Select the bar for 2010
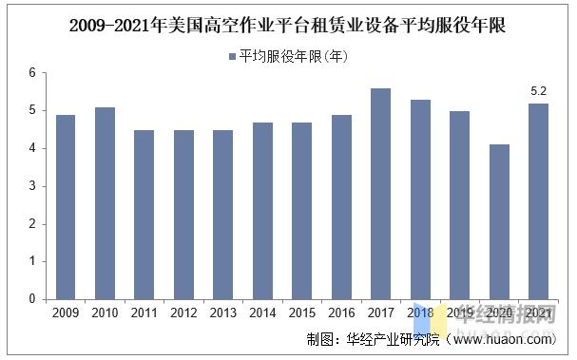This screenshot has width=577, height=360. (105, 203)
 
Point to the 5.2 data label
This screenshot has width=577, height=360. (537, 92)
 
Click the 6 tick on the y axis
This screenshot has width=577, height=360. (32, 73)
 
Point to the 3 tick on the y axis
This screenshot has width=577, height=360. (32, 186)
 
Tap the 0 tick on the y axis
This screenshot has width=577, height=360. (32, 299)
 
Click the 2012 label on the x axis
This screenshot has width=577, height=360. (183, 313)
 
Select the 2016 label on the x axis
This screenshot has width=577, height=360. (341, 313)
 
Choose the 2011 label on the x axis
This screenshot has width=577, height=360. (144, 313)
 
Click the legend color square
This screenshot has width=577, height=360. (232, 57)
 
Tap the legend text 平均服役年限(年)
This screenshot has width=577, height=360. (294, 57)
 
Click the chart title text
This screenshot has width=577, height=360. (287, 27)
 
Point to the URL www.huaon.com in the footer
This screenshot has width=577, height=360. (504, 339)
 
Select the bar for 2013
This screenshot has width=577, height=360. (223, 215)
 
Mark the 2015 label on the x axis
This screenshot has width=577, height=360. (301, 313)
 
